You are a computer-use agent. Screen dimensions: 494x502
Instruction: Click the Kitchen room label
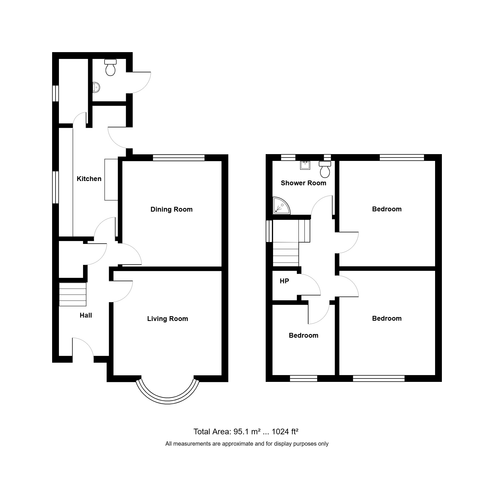pos(89,179)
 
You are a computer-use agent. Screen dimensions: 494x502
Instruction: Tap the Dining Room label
pos(171,209)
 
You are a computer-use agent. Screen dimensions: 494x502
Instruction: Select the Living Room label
pos(167,319)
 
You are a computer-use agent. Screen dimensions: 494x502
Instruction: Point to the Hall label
pos(86,315)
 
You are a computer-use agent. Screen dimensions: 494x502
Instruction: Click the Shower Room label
pos(303,183)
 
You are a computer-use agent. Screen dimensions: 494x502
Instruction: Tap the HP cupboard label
pos(284,281)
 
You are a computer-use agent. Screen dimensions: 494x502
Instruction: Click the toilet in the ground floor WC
pos(110,67)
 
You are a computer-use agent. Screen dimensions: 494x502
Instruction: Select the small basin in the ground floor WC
pos(96,88)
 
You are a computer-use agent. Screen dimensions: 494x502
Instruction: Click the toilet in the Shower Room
pos(325,169)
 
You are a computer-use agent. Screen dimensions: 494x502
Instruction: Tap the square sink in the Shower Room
pos(305,165)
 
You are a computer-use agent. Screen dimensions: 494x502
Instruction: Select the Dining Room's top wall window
pos(179,158)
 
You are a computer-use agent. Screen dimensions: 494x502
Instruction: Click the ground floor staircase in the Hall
pos(73,294)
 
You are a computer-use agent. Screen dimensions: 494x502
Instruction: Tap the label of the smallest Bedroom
pos(303,335)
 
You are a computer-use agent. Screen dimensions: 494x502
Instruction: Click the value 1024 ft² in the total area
pos(285,432)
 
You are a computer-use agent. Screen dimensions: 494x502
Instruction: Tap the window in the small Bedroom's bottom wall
pos(304,378)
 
